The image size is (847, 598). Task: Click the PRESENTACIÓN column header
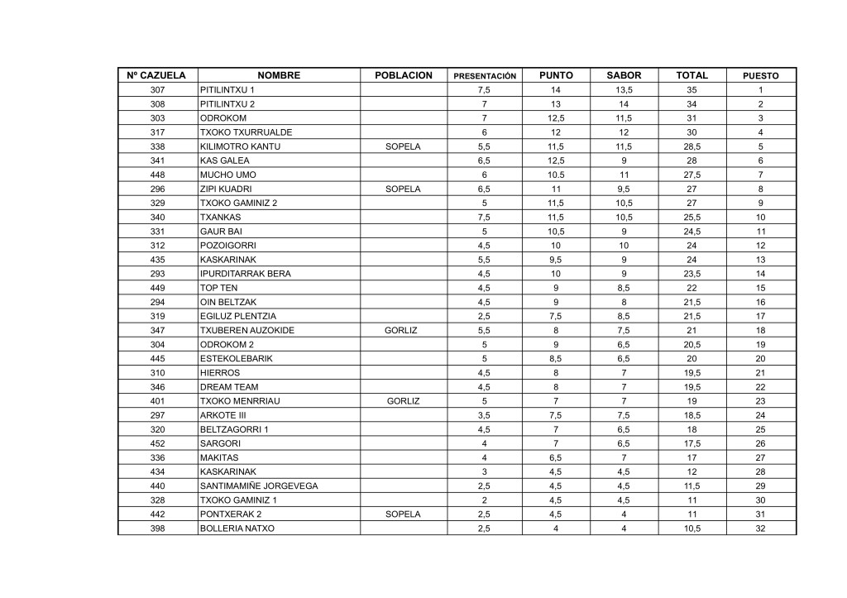[486, 76]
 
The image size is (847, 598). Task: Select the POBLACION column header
[404, 75]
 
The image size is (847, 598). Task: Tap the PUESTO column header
[760, 76]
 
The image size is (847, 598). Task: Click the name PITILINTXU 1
[227, 90]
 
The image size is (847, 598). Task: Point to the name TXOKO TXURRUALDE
[246, 132]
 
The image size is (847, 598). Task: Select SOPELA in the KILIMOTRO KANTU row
[403, 146]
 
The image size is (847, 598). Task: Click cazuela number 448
[157, 175]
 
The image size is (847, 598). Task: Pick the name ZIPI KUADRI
[226, 189]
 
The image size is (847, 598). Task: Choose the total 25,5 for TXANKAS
[691, 217]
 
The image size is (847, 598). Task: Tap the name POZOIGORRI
[228, 246]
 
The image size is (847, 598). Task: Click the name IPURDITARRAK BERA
[246, 274]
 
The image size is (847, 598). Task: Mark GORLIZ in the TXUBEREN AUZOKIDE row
[403, 331]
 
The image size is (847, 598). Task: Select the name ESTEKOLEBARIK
[236, 359]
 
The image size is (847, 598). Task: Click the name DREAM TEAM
[229, 387]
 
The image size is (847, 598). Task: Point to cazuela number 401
[157, 401]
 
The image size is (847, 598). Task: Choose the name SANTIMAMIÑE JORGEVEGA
[259, 486]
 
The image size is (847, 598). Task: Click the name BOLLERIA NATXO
[237, 529]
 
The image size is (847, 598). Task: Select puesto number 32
[760, 529]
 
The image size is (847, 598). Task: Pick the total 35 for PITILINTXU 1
[691, 90]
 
